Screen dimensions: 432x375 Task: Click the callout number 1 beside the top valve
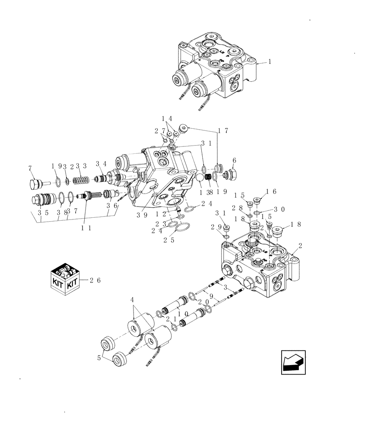click(x=270, y=62)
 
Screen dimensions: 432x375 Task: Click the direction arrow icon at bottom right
click(x=293, y=361)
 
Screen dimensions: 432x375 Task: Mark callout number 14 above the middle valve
click(x=167, y=118)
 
